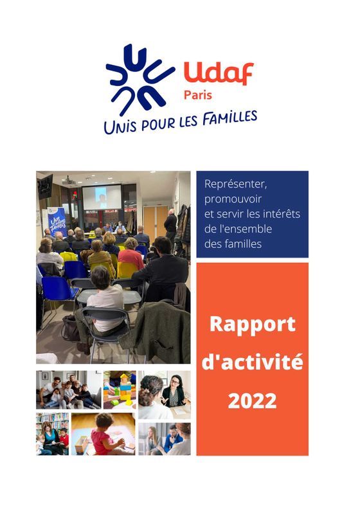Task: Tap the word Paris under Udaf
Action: pyautogui.click(x=198, y=95)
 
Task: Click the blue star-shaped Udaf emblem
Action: pyautogui.click(x=140, y=80)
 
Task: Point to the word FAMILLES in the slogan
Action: pyautogui.click(x=230, y=118)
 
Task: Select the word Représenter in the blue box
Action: pyautogui.click(x=236, y=184)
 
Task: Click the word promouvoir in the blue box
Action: pyautogui.click(x=233, y=199)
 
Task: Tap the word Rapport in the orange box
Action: pyautogui.click(x=253, y=325)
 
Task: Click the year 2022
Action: pyautogui.click(x=252, y=400)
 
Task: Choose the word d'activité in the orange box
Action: pyautogui.click(x=253, y=362)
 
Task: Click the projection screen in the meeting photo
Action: pyautogui.click(x=102, y=197)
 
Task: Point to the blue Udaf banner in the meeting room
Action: pyautogui.click(x=57, y=222)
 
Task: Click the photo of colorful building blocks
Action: pyautogui.click(x=120, y=390)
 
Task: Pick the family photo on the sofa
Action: pyautogui.click(x=69, y=390)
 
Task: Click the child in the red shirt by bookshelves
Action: pyautogui.click(x=64, y=440)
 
